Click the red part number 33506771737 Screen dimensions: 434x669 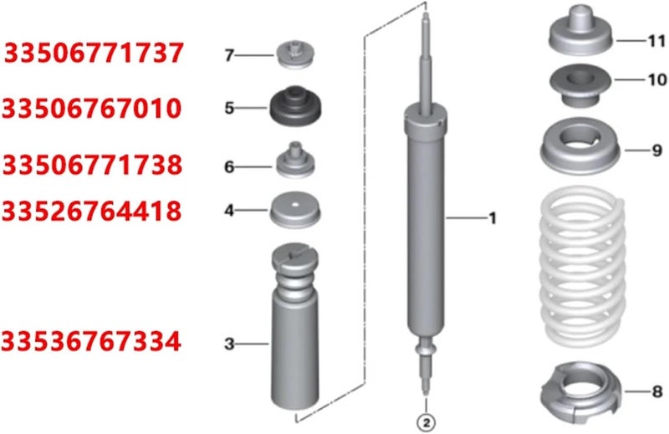point(94,54)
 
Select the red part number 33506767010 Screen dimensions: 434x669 point(91,108)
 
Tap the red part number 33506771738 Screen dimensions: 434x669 point(93,165)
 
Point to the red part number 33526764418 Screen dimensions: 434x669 point(92,212)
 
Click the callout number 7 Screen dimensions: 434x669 point(228,56)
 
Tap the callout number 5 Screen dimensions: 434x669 point(228,108)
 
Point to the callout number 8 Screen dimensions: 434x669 point(656,391)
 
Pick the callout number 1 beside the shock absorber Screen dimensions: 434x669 point(493,218)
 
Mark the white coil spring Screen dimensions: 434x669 point(583,268)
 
